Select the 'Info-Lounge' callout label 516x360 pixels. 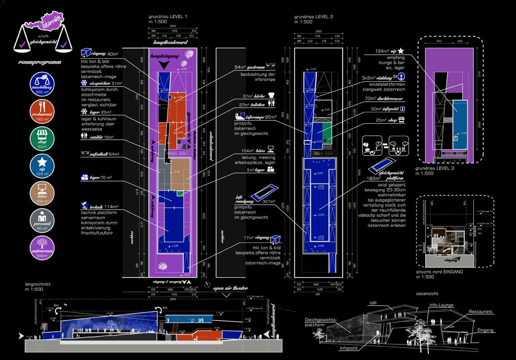pyautogui.click(x=442, y=305)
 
